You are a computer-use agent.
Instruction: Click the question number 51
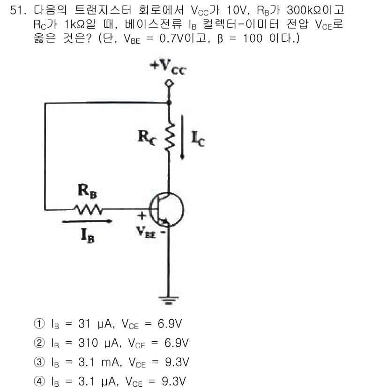(18, 10)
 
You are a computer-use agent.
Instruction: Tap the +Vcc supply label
(168, 67)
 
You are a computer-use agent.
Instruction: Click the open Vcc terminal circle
(169, 83)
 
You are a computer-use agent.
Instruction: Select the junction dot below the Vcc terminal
(169, 102)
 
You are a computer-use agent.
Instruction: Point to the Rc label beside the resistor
(147, 138)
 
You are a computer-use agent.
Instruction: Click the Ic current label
(198, 139)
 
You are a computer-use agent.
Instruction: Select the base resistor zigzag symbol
(88, 209)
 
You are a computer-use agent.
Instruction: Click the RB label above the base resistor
(87, 191)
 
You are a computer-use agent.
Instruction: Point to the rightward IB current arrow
(87, 221)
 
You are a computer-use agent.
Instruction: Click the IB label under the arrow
(88, 235)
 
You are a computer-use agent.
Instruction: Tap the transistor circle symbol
(167, 209)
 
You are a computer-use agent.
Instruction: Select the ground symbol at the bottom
(169, 300)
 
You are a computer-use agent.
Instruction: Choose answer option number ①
(39, 323)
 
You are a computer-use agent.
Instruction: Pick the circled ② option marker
(39, 343)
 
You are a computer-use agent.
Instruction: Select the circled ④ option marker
(39, 381)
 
